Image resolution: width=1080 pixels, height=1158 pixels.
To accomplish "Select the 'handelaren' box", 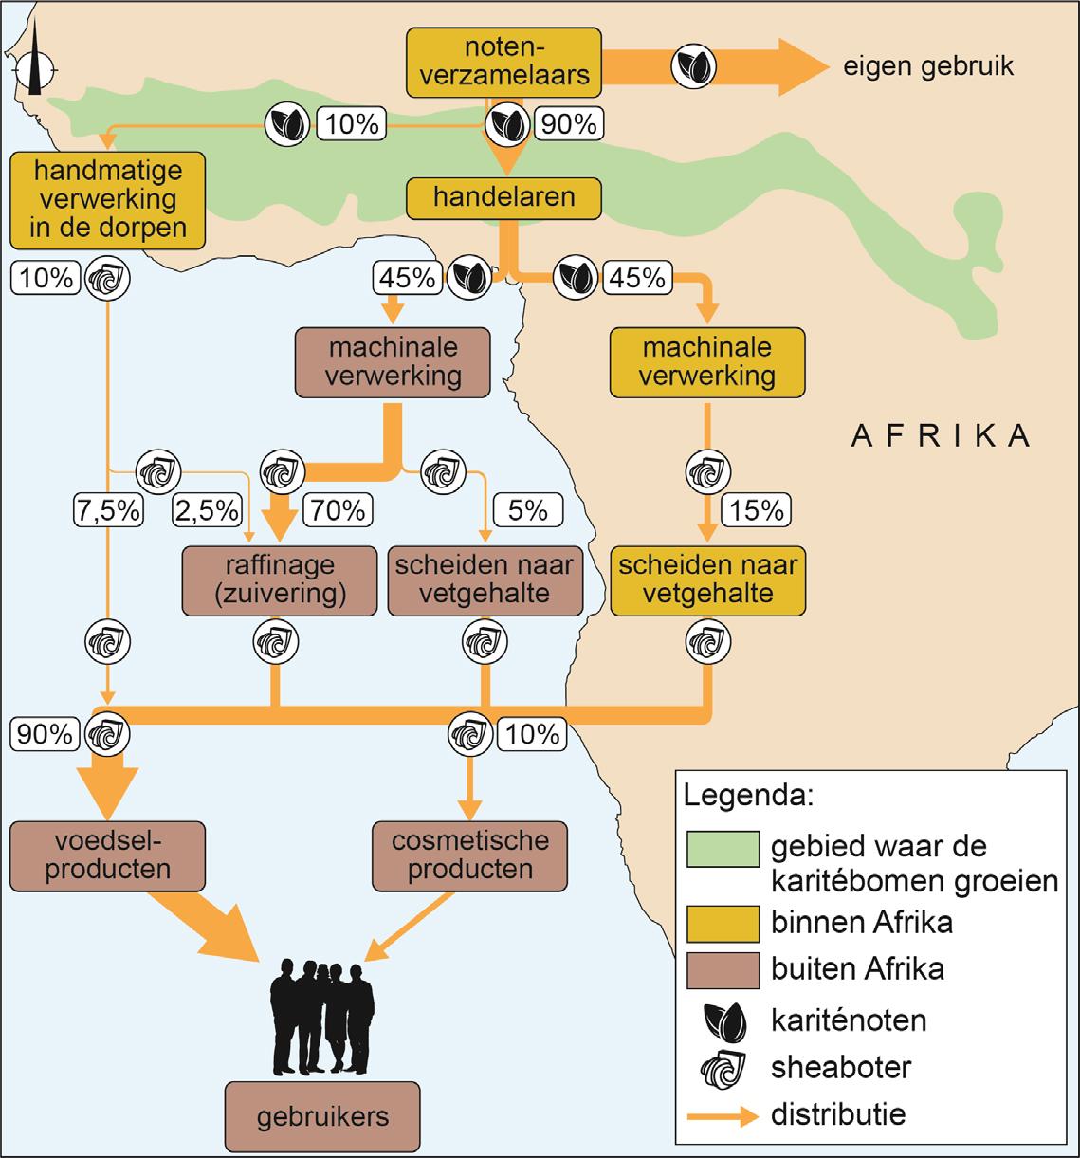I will point(503,197).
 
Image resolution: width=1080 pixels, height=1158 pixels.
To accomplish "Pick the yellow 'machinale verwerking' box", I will point(706,360).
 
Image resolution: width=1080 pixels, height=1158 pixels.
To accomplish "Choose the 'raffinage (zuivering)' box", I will point(280,579).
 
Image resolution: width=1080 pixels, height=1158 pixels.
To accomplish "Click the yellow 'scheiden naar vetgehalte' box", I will point(706,579).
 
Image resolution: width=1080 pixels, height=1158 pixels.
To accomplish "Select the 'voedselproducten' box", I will point(108,854).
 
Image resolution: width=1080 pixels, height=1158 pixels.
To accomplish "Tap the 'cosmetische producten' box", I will point(469,854).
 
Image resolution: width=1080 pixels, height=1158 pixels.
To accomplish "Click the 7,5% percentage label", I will point(107,510).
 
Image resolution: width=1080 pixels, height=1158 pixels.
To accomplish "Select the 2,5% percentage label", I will point(205,510).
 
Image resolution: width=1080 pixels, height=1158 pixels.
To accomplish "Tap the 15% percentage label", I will point(757,510).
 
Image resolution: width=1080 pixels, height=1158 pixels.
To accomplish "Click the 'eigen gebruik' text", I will point(927,67).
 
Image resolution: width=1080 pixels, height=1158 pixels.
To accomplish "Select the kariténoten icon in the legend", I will point(722,1020).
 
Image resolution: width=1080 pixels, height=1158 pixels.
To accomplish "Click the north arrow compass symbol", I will point(35,66).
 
